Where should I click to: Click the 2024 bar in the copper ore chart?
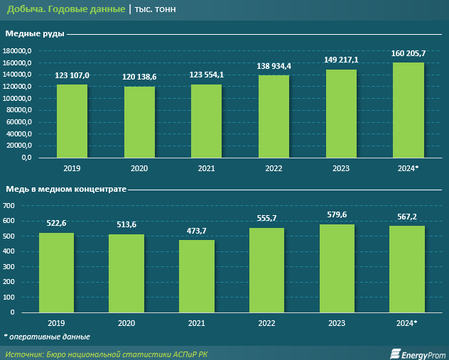pos(409,110)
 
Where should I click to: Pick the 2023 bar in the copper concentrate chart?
pos(337,268)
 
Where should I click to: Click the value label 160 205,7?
pos(409,54)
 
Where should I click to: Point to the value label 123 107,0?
pos(72,76)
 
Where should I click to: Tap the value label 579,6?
pos(337,216)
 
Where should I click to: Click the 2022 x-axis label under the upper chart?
pos(274,168)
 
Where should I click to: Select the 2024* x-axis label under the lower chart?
pos(407,322)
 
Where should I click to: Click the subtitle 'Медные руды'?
pos(35,33)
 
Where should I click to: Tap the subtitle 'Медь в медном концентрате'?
pos(66,190)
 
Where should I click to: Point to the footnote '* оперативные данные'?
pos(47,336)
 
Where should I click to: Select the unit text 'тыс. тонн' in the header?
pos(157,9)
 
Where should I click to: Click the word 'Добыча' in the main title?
pos(23,9)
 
